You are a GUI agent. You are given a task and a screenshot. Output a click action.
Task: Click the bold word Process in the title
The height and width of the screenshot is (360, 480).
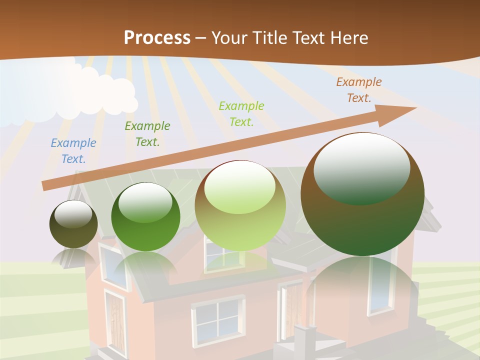click(x=157, y=38)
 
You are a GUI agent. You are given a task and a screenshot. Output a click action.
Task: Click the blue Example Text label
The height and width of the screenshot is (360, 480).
click(x=73, y=151)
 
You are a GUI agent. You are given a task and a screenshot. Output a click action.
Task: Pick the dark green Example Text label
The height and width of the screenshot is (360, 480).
click(x=147, y=134)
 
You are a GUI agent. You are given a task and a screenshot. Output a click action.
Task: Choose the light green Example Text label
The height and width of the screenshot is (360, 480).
click(x=241, y=113)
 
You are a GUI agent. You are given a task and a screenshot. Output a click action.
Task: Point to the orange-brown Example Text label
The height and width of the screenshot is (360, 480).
click(x=359, y=90)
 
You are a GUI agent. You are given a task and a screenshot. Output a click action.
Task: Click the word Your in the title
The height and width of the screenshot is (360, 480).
click(x=229, y=38)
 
